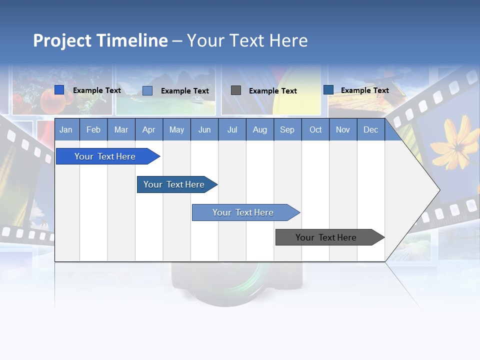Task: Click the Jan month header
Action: pyautogui.click(x=66, y=130)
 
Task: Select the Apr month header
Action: pyautogui.click(x=148, y=130)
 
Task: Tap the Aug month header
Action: pyautogui.click(x=259, y=130)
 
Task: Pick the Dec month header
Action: pyautogui.click(x=370, y=130)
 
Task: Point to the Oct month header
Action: pyautogui.click(x=315, y=130)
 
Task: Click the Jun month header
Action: pyautogui.click(x=204, y=130)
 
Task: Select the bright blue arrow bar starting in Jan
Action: pyautogui.click(x=105, y=156)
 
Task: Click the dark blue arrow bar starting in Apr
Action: pyautogui.click(x=174, y=184)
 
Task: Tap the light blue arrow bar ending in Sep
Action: pyautogui.click(x=243, y=212)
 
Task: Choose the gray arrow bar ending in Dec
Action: pyautogui.click(x=326, y=237)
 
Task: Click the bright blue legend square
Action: pyautogui.click(x=59, y=90)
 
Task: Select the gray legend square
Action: pyautogui.click(x=236, y=90)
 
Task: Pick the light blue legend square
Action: pyautogui.click(x=147, y=90)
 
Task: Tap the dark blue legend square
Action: pyautogui.click(x=328, y=89)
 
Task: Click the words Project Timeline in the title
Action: pyautogui.click(x=100, y=40)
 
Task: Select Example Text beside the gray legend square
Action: pyautogui.click(x=273, y=91)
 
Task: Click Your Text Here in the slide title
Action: pyautogui.click(x=247, y=40)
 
